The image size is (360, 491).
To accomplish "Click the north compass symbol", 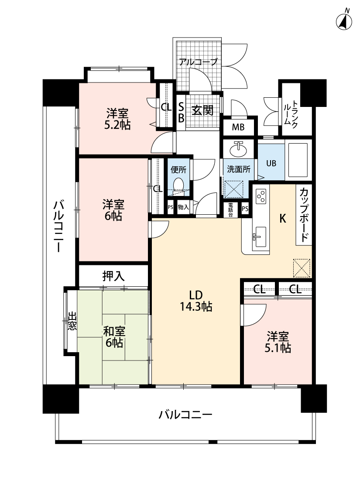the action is click(x=344, y=21).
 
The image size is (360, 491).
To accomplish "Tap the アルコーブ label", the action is click(x=198, y=62).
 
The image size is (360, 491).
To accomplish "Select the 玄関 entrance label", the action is click(x=202, y=110).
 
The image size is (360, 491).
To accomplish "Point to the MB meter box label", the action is click(x=238, y=127).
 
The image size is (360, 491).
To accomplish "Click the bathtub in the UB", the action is click(x=298, y=160).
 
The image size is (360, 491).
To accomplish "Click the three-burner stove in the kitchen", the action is click(x=261, y=196).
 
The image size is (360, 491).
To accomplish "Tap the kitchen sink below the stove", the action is click(x=259, y=237).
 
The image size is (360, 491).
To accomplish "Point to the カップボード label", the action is click(x=304, y=215).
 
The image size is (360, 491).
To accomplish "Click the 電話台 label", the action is click(x=230, y=210).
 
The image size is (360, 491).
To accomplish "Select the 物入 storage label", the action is click(x=183, y=207).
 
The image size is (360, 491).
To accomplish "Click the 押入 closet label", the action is click(x=113, y=276).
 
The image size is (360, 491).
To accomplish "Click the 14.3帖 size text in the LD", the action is click(x=196, y=307).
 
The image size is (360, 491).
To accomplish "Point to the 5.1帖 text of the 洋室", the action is click(x=278, y=348).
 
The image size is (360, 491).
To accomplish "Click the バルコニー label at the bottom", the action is click(x=185, y=415).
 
